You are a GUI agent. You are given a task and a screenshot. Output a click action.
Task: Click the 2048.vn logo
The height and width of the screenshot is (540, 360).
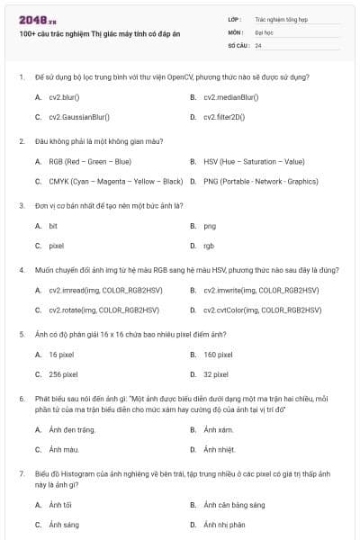click(x=37, y=19)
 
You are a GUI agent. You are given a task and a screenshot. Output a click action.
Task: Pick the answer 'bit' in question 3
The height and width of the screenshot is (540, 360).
click(x=53, y=226)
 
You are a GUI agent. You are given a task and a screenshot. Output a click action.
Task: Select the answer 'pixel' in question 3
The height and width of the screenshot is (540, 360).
click(x=56, y=245)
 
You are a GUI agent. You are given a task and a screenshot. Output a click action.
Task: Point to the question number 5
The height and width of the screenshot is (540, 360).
click(x=21, y=334)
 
